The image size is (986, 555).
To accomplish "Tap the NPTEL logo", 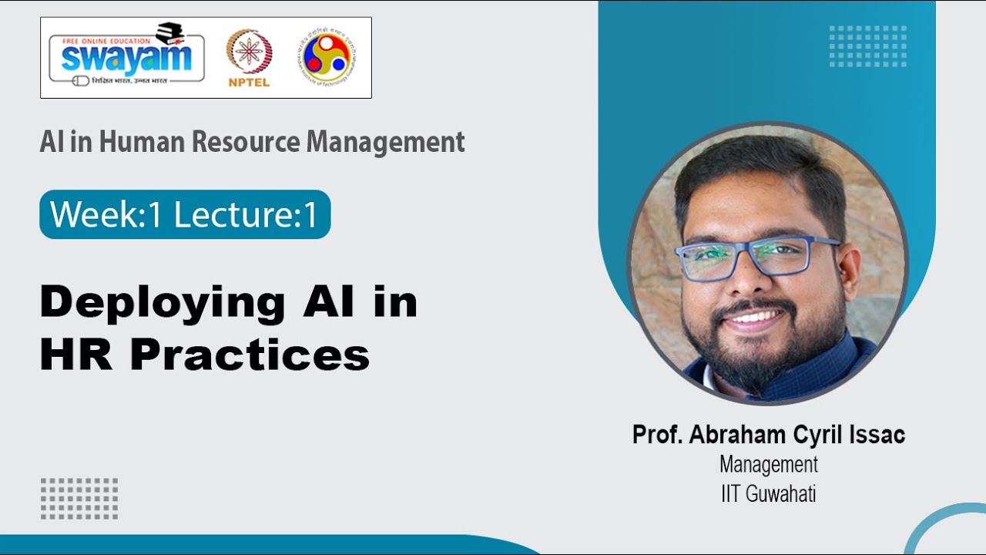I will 249,57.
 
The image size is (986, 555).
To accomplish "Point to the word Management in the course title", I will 385,142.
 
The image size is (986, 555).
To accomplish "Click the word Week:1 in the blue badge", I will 106,215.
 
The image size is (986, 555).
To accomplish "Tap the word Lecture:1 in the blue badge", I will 246,215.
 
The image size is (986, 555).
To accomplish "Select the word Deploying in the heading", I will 163,303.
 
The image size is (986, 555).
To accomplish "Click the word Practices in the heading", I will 250,355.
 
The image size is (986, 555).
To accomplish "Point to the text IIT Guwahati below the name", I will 768,493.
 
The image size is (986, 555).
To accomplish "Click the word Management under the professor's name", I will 768,465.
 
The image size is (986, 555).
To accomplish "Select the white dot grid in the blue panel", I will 867,46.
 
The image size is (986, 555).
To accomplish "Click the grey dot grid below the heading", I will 79,498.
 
